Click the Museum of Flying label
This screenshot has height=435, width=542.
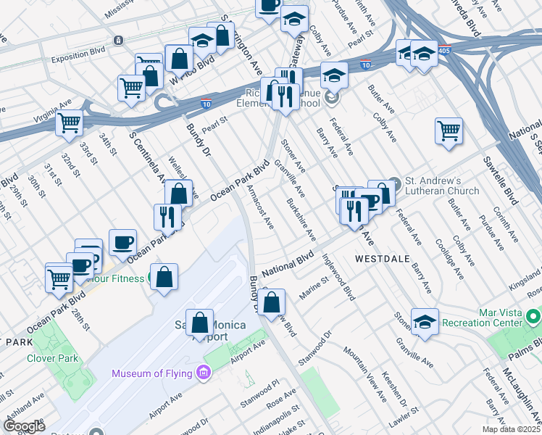pos(151,373)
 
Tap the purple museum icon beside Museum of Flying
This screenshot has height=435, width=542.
pos(204,373)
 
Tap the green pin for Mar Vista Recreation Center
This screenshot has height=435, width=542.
pos(533,317)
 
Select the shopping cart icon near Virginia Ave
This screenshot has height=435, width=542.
pos(70,123)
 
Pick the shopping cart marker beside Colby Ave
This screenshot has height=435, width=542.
pos(449,131)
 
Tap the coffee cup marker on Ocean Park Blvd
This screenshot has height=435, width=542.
pos(122,241)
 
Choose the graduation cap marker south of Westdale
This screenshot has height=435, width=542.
pos(425,321)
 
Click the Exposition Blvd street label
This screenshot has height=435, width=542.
pos(75,52)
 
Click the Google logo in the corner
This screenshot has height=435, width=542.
pos(25,426)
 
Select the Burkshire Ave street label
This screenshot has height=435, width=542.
pos(301,220)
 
